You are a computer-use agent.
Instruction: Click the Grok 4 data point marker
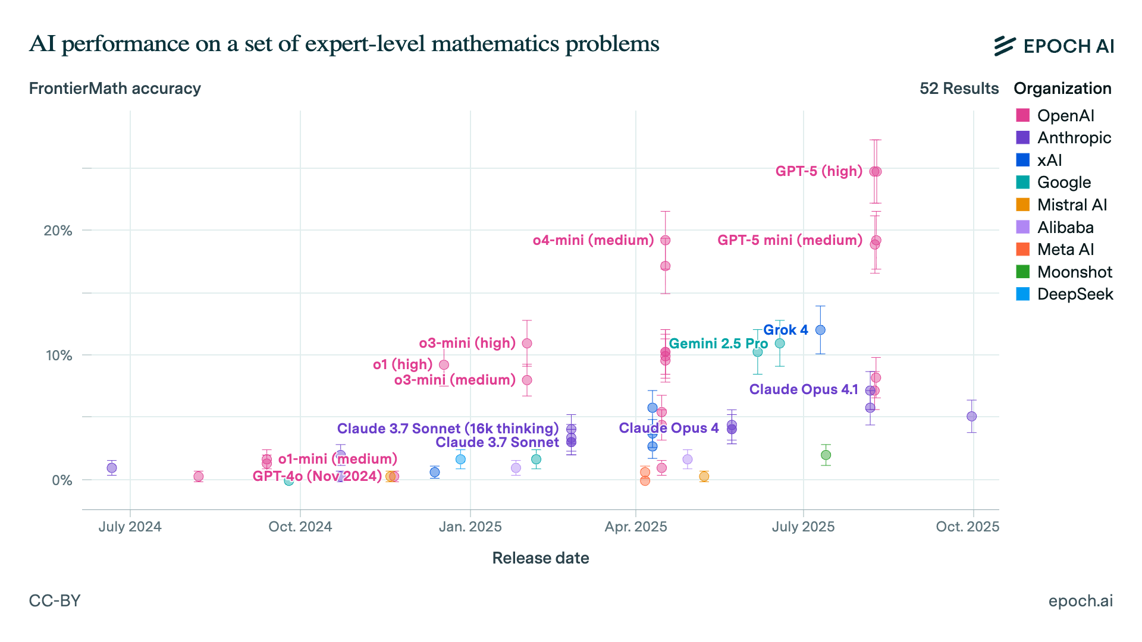tap(820, 330)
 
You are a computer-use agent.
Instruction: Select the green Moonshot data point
tap(826, 455)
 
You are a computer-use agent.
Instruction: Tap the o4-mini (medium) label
tap(593, 240)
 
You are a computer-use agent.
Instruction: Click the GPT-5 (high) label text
tap(818, 171)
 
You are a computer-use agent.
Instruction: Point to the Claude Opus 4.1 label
tap(803, 389)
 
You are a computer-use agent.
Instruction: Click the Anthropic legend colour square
tap(1022, 137)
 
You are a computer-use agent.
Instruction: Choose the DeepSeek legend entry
tap(1074, 294)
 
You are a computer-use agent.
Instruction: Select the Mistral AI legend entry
tap(1071, 205)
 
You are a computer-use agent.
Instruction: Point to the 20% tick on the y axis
tap(58, 231)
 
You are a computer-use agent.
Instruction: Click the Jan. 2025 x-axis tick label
tap(470, 527)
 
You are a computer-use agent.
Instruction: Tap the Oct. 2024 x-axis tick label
tap(300, 527)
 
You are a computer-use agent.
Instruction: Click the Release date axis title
tap(540, 558)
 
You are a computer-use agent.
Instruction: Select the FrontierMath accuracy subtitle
tap(115, 89)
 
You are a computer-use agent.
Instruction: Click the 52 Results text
tap(958, 89)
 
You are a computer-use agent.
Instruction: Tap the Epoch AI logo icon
tap(1004, 46)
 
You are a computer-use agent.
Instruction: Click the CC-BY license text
tap(55, 600)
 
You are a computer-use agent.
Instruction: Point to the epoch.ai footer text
tap(1080, 601)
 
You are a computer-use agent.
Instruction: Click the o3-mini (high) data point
tap(527, 344)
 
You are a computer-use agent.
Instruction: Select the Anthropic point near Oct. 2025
tap(971, 416)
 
